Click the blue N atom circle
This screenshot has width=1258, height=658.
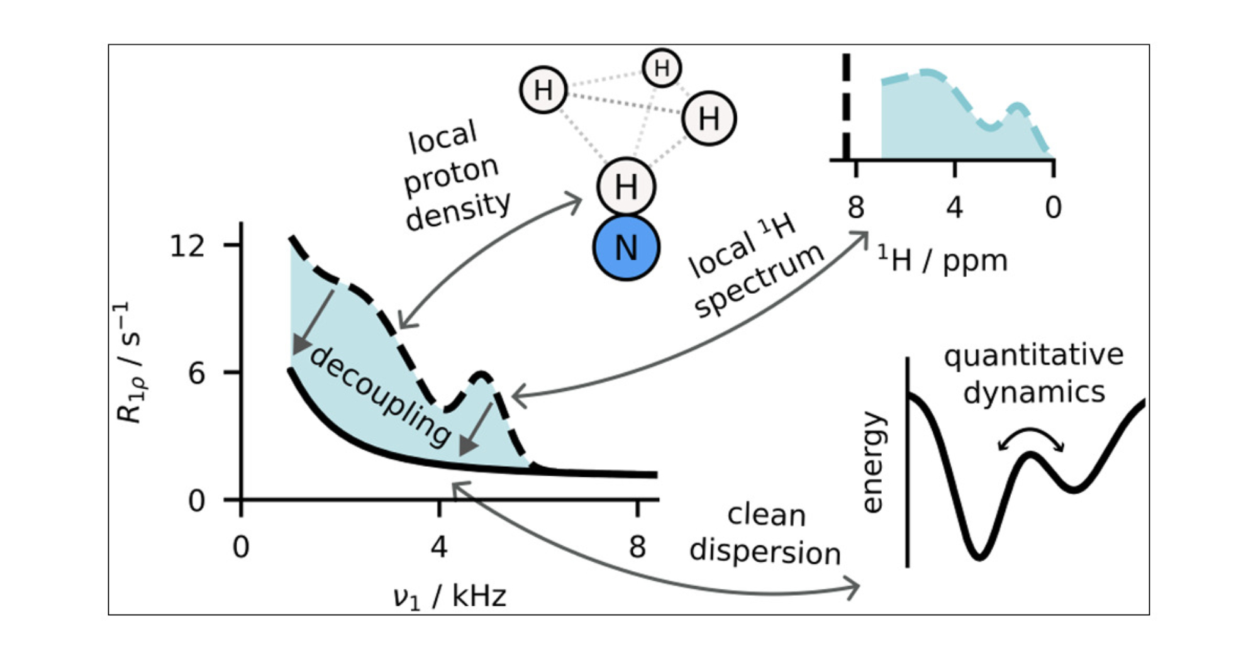click(x=626, y=247)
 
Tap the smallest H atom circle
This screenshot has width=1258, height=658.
click(x=662, y=67)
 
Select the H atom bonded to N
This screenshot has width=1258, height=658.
click(x=626, y=186)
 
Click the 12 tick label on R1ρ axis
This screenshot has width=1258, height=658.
click(x=187, y=245)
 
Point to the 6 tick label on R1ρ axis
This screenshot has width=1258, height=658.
click(x=196, y=374)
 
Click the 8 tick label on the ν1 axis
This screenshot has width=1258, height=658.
click(x=637, y=547)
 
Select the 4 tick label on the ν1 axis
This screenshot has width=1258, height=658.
click(x=439, y=547)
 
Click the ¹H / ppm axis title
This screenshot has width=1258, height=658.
click(x=942, y=259)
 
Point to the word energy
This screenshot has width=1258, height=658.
click(x=873, y=462)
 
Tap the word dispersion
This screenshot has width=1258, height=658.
click(x=765, y=552)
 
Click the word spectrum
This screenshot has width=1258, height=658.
click(x=759, y=280)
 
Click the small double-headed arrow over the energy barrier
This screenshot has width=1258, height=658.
click(x=1031, y=438)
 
